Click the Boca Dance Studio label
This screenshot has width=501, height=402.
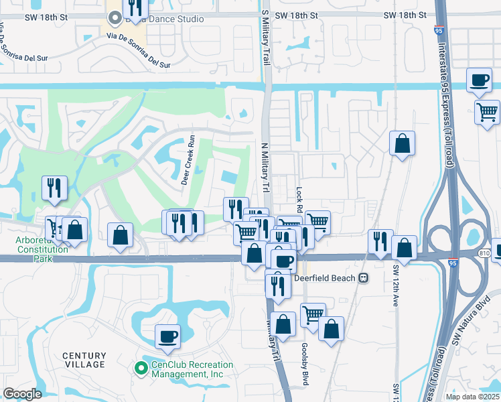point(163,19)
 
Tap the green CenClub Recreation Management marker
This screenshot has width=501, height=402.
point(141,368)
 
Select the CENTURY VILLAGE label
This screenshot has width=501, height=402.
point(84,360)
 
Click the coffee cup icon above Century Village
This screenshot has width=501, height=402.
point(167,336)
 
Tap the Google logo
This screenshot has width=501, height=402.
point(22,394)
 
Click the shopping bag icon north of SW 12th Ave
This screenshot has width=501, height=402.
point(402,143)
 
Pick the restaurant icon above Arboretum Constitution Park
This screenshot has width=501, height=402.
point(54,188)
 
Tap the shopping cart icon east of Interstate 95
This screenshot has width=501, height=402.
point(487,110)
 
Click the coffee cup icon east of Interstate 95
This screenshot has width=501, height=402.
point(479,80)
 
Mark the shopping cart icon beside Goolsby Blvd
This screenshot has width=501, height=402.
point(313,314)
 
